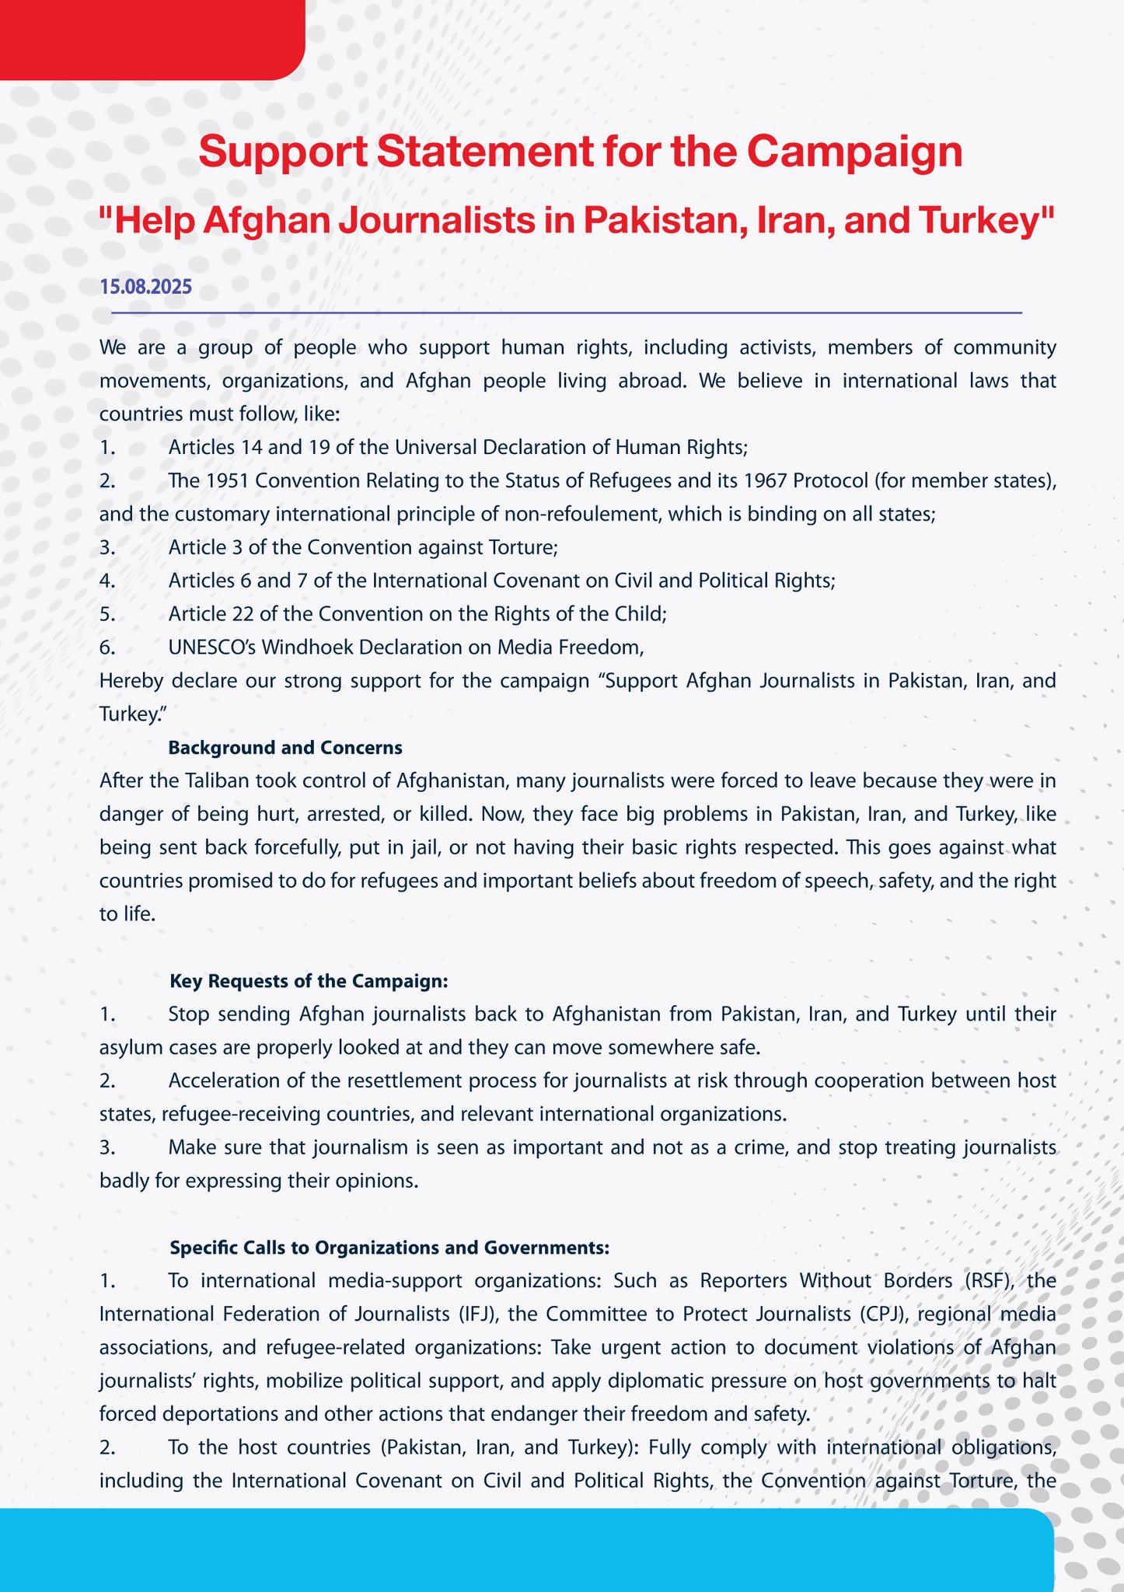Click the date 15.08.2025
pyautogui.click(x=145, y=287)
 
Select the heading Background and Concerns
pyautogui.click(x=284, y=748)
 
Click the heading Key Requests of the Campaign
pyautogui.click(x=309, y=981)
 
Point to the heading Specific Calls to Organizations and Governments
pyautogui.click(x=389, y=1248)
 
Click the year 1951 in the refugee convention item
pyautogui.click(x=226, y=480)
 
